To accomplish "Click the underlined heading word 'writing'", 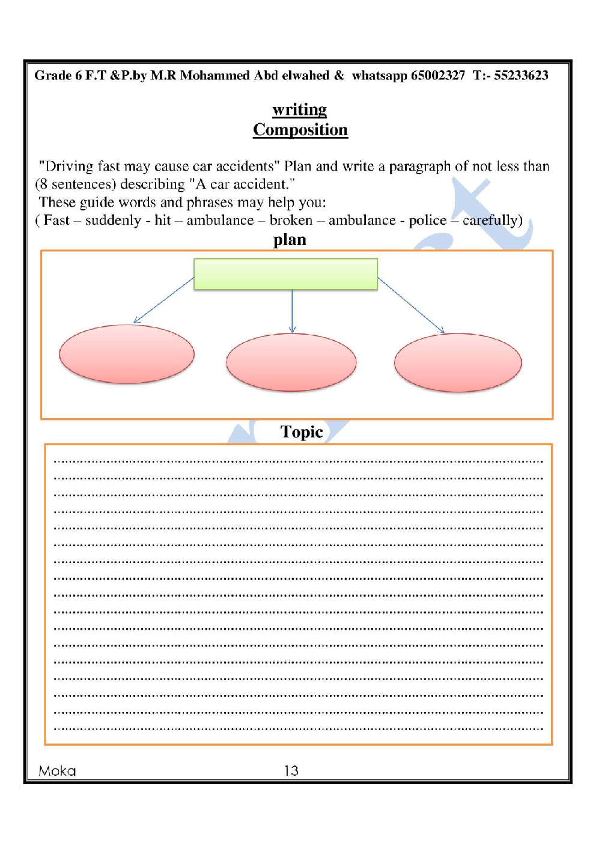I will tap(299, 110).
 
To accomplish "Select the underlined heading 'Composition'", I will tap(300, 130).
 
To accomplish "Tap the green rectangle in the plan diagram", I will tap(285, 274).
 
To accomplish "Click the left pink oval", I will tap(127, 354).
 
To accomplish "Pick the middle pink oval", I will tap(291, 362).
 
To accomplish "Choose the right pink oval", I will tap(458, 362).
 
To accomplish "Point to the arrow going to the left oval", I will tap(163, 300).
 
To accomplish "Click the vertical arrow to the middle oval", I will tap(293, 311).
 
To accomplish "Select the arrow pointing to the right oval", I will tap(411, 305).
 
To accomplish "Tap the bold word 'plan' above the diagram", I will tap(290, 240).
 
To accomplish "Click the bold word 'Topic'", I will tap(302, 432).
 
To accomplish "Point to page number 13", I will tap(291, 771).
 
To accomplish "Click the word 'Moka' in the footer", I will tap(57, 771).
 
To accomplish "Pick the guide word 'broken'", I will tap(291, 221).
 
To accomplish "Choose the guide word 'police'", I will tap(427, 221).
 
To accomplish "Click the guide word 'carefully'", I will tap(490, 221).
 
